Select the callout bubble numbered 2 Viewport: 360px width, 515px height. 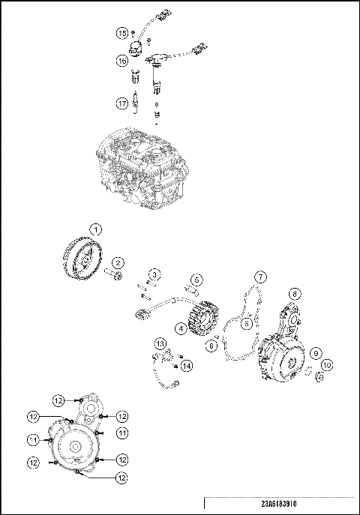pyautogui.click(x=117, y=262)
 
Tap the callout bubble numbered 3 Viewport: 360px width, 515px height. pyautogui.click(x=154, y=275)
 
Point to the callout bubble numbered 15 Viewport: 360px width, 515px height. pyautogui.click(x=121, y=33)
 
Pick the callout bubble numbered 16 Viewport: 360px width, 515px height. pyautogui.click(x=121, y=60)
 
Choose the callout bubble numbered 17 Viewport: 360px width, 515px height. pyautogui.click(x=121, y=103)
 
